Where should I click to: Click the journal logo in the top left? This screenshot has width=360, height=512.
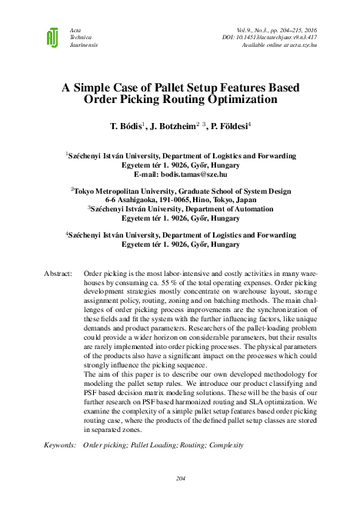click(52, 36)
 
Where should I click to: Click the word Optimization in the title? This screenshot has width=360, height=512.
click(238, 99)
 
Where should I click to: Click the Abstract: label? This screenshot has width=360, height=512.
click(58, 274)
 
